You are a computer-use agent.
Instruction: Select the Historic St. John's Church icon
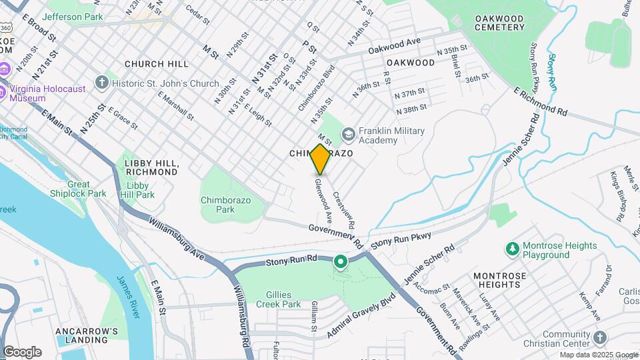point(101,83)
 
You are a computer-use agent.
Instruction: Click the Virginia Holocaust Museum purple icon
point(4,70)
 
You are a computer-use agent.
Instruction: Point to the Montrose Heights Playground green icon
point(512,249)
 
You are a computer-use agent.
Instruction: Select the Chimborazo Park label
point(217,204)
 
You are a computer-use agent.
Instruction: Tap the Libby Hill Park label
point(140,190)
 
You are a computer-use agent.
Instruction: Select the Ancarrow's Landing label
point(87,335)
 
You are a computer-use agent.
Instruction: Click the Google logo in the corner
point(22,351)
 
